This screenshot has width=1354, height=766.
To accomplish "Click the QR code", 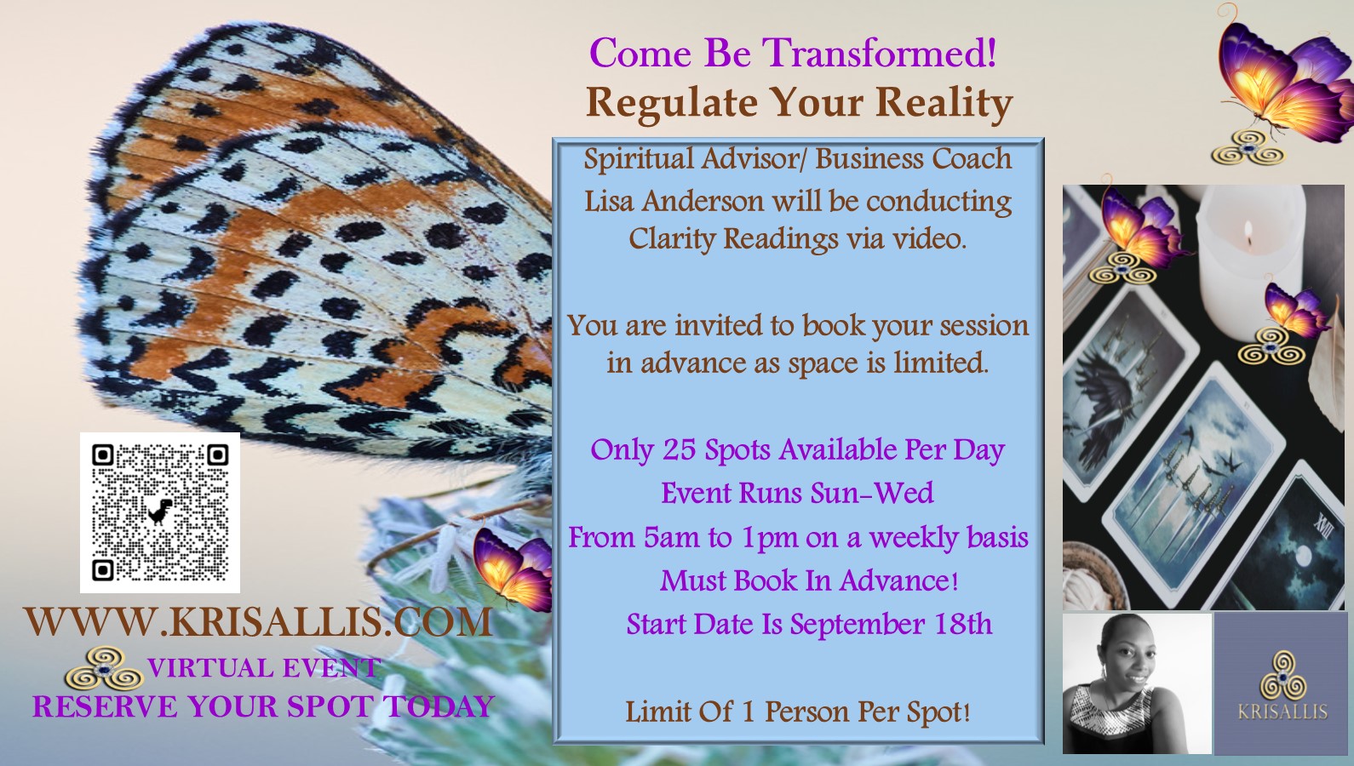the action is coord(160,513).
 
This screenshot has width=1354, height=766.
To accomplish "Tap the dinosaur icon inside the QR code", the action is coord(160,512).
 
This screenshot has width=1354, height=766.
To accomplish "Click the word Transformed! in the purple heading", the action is coord(879,53).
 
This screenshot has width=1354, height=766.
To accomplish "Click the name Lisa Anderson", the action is coord(674,202).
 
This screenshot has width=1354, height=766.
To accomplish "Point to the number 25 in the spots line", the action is coord(680,450).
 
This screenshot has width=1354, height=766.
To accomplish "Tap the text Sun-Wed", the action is coord(872,493).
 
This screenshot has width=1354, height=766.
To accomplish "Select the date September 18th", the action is coord(891,624).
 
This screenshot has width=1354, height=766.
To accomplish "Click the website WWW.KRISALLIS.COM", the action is coord(258,622).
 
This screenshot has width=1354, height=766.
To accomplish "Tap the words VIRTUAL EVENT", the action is coord(264,668).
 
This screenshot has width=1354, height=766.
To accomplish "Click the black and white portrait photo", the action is coord(1137,683).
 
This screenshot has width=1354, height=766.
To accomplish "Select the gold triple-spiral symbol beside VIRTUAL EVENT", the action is coord(104,669).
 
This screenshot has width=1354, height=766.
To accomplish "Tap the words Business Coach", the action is coord(913,159).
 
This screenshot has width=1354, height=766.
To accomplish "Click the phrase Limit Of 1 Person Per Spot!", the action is coord(798,712).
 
